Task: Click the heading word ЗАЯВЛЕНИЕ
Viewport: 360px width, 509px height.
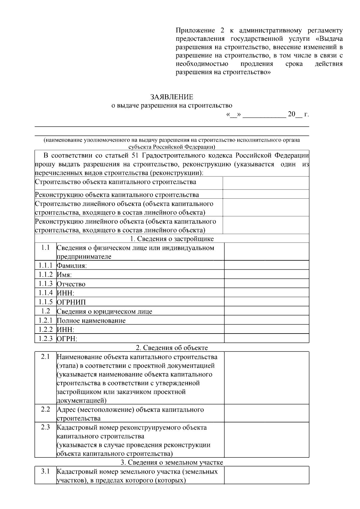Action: tap(172, 97)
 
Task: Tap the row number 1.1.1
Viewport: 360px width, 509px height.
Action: tap(45, 265)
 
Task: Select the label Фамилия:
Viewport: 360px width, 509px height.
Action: tap(72, 266)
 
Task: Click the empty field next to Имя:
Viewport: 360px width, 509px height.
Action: tap(266, 274)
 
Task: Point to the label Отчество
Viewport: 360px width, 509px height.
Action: tap(71, 284)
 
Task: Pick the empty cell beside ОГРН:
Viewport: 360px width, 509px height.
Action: tap(266, 339)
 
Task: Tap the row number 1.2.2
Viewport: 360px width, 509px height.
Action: tap(45, 330)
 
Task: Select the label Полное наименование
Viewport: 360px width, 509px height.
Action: tap(91, 321)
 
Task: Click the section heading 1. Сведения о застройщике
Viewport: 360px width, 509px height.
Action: tap(172, 239)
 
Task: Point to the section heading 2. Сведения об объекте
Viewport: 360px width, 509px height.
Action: tap(172, 348)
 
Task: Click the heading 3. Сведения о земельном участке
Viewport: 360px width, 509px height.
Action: tap(172, 462)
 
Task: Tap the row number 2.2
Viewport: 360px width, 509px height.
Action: tap(45, 409)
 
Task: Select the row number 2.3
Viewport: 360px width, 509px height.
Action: tap(45, 427)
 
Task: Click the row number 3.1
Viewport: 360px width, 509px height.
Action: tap(45, 471)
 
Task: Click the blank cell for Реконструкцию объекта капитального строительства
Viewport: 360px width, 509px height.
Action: tap(266, 194)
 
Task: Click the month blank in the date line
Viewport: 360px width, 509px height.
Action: tap(264, 114)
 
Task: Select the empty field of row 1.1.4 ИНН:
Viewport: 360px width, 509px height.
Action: tap(266, 293)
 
